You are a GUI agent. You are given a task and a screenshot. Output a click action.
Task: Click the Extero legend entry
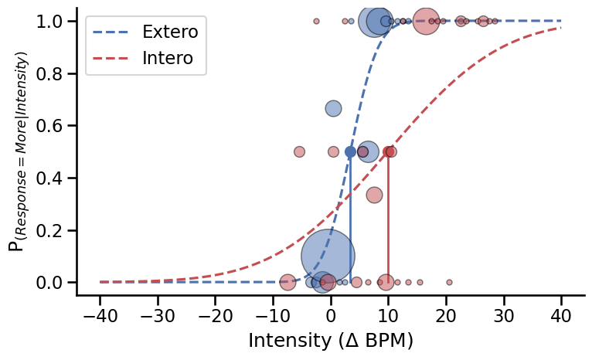pos(169,32)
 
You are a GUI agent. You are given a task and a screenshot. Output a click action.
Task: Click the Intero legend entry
pos(167,58)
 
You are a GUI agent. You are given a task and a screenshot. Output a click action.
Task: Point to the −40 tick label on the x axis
pos(100,316)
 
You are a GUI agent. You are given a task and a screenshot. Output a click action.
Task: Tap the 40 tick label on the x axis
pos(561,316)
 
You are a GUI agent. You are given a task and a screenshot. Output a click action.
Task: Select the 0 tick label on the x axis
pos(331,316)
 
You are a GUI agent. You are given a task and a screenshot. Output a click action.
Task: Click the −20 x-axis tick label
pos(215,316)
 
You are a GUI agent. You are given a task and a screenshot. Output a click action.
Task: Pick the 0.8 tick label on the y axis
pos(50,74)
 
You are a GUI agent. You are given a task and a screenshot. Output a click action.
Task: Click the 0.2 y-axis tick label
pos(50,231)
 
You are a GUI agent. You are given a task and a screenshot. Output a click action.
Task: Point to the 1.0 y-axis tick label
pos(50,22)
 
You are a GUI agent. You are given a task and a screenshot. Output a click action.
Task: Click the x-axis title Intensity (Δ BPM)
pos(330,341)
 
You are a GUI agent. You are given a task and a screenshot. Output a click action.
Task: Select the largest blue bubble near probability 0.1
pos(328,256)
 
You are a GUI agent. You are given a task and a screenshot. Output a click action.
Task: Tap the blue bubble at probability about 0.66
pos(333,109)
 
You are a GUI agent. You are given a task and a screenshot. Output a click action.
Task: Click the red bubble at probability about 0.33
pos(374,195)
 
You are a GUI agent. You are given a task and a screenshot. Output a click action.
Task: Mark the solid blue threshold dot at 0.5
pos(350,152)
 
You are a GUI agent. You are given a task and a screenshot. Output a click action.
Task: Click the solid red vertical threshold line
pos(388,224)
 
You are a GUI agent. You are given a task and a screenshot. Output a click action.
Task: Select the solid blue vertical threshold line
pos(350,224)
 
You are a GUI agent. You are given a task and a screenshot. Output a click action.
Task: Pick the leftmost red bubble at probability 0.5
pos(299,152)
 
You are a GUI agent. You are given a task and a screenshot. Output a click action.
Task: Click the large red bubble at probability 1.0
pos(425,22)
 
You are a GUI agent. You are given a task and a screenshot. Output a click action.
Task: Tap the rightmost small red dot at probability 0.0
pos(449,282)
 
